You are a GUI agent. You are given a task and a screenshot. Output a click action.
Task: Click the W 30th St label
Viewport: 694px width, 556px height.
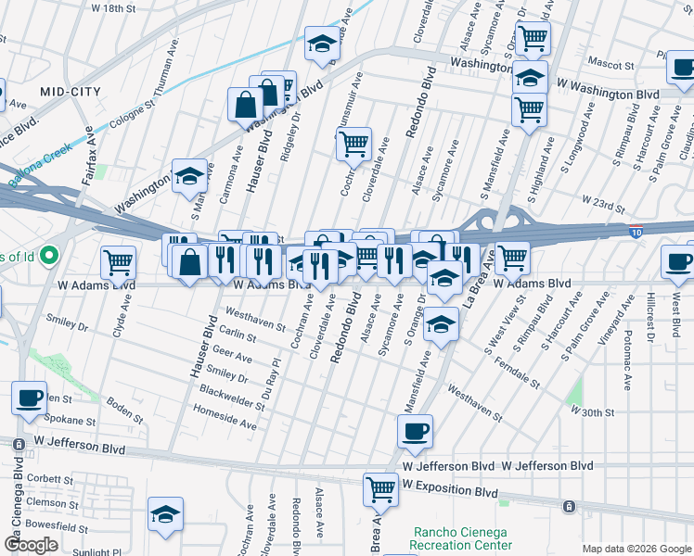592,411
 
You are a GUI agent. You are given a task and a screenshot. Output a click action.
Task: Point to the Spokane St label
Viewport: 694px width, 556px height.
68,420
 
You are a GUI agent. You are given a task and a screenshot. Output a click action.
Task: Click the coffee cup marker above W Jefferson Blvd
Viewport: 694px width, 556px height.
415,429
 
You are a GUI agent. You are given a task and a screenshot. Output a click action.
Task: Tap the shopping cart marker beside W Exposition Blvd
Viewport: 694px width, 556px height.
380,489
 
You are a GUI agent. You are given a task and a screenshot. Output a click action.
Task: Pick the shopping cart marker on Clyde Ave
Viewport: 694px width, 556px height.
118,261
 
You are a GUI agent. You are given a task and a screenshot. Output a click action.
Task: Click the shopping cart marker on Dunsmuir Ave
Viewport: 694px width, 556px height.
353,144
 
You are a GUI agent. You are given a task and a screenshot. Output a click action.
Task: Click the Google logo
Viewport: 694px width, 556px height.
30,545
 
